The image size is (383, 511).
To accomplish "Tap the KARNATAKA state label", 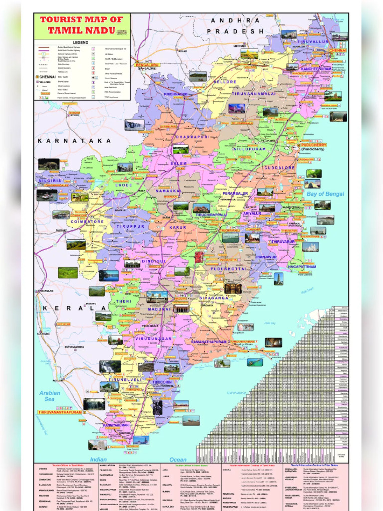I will [x=74, y=141].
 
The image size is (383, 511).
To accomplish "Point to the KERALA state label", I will [x=74, y=308].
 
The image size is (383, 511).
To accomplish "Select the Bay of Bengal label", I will [x=325, y=194].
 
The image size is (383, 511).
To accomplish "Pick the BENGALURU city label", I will [x=143, y=65].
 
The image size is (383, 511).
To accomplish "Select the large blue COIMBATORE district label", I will [x=87, y=222].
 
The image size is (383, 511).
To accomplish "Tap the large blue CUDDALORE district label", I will [x=279, y=168].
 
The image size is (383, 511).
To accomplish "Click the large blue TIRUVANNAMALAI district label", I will [x=253, y=93].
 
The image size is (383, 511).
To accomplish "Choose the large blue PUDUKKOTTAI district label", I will [x=229, y=269].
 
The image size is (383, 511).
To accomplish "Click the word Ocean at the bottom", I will [x=178, y=459].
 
